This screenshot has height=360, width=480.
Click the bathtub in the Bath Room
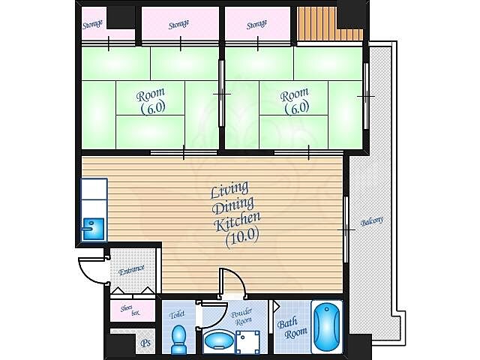(327, 327)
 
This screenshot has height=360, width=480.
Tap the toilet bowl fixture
(178, 339)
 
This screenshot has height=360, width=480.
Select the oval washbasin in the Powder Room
(219, 340)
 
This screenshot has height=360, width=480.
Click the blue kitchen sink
(93, 229)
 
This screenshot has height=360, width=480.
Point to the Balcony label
(372, 221)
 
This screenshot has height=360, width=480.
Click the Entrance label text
(132, 270)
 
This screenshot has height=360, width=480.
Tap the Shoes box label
(130, 310)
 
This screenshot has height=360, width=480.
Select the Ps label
(145, 343)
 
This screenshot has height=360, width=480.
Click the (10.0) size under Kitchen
(242, 237)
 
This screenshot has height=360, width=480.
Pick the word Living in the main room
(229, 190)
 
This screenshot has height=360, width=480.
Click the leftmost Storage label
(92, 24)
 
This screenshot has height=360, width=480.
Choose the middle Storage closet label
(178, 24)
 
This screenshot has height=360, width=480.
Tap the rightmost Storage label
(256, 24)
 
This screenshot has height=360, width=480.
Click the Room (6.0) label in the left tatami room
(151, 101)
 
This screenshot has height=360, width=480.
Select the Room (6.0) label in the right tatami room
(295, 101)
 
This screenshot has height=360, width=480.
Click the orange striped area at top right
(330, 24)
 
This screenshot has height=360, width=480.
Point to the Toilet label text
(177, 315)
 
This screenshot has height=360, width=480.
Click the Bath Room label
(292, 328)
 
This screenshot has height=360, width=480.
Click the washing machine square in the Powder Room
(248, 342)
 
